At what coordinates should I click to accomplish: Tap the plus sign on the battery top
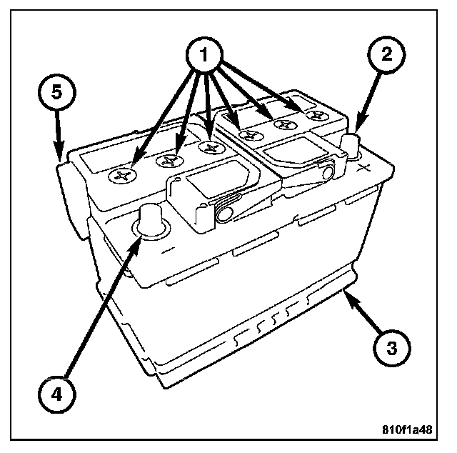pos(365,169)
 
